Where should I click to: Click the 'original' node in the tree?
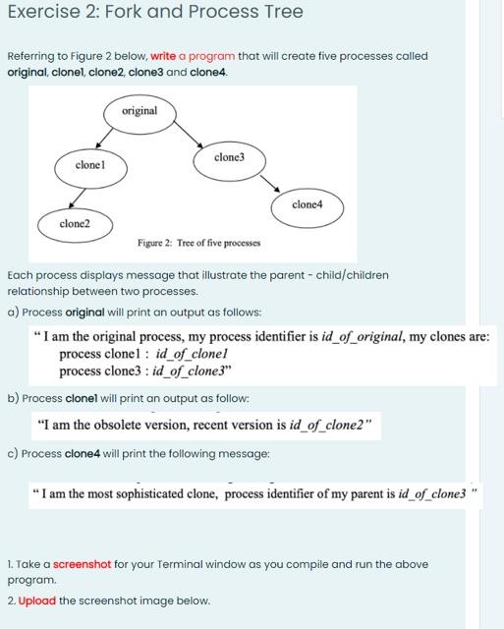pyautogui.click(x=140, y=111)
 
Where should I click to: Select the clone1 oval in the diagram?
pyautogui.click(x=89, y=167)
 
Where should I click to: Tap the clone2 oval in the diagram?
pyautogui.click(x=75, y=224)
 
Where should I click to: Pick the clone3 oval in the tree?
pyautogui.click(x=228, y=158)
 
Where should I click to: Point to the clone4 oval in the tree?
pyautogui.click(x=308, y=204)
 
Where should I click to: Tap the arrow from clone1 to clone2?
pyautogui.click(x=82, y=197)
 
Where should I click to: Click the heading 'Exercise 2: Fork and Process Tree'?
pyautogui.click(x=155, y=13)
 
